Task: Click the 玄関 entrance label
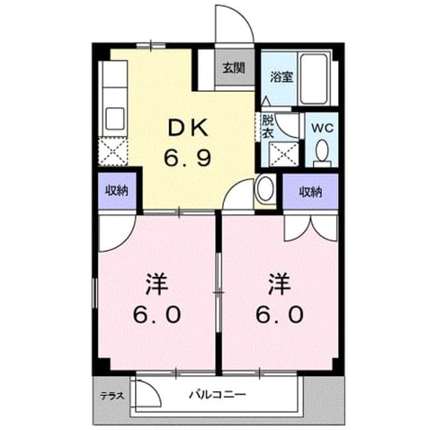(234, 68)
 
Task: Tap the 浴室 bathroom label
(281, 77)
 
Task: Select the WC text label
(322, 128)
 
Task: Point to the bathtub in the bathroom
(314, 78)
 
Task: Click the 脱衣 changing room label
(268, 126)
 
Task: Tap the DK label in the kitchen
(188, 128)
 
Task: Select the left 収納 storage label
(117, 191)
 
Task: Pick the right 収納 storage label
(311, 192)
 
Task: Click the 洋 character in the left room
(156, 284)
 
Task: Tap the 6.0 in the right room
(279, 315)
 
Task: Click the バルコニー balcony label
(218, 395)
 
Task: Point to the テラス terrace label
(112, 396)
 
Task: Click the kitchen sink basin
(115, 119)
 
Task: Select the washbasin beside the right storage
(266, 188)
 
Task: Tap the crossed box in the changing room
(284, 154)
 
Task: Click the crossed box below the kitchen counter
(113, 152)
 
